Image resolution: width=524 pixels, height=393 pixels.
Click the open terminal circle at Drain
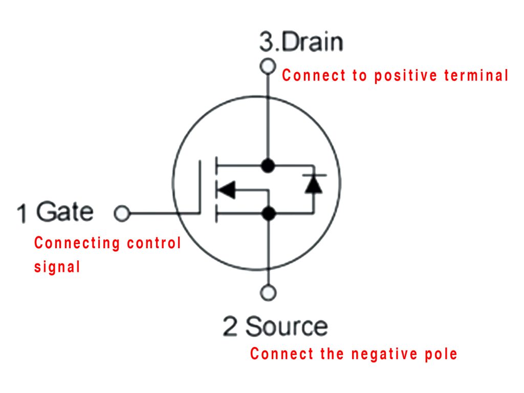click(x=267, y=66)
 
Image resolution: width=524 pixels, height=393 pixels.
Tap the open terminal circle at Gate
click(x=121, y=213)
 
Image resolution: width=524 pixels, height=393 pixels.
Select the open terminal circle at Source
click(x=268, y=293)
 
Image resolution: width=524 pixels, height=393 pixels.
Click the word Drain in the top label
click(x=313, y=42)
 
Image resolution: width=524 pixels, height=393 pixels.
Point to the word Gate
click(x=65, y=211)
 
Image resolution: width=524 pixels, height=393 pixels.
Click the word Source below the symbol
click(x=287, y=326)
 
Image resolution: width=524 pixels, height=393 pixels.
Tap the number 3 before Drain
click(x=267, y=42)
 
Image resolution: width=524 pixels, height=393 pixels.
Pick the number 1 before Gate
click(x=22, y=213)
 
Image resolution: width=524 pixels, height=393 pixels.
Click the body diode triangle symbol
click(x=313, y=184)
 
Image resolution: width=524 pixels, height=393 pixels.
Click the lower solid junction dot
click(x=268, y=213)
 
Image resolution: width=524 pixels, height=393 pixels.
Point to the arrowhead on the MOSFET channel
click(x=226, y=190)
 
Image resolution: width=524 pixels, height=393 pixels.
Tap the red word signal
click(x=57, y=267)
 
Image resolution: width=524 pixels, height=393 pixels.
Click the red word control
click(x=147, y=243)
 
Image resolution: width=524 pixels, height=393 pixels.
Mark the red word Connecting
click(x=70, y=243)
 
